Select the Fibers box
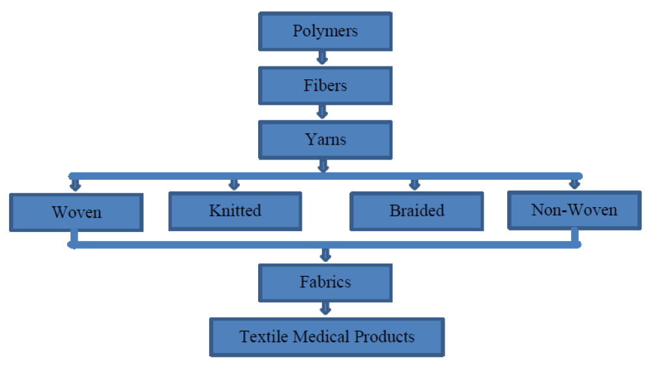[x=325, y=86]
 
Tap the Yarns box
[x=325, y=140]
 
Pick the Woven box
[x=76, y=212]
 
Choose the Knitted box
[x=235, y=211]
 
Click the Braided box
[x=417, y=211]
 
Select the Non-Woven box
[x=574, y=210]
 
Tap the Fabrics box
[x=325, y=282]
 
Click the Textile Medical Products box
[x=327, y=337]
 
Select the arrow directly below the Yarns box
[x=322, y=167]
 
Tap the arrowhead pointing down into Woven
[x=75, y=184]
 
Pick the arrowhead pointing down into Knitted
[x=233, y=184]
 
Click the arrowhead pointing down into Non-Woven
[x=574, y=184]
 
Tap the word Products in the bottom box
[x=385, y=337]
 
